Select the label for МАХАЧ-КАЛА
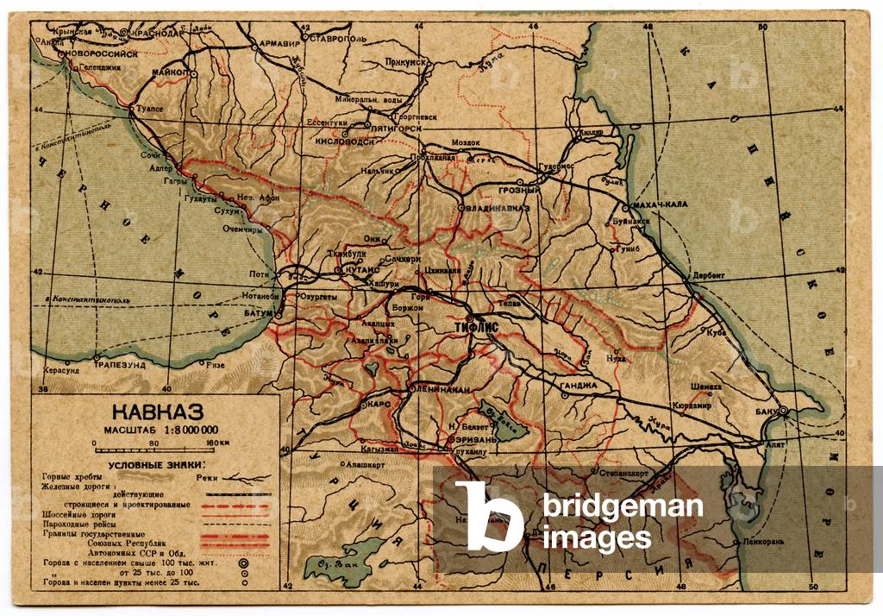tap(660, 204)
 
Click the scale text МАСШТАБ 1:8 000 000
tap(160, 430)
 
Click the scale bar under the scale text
tap(155, 450)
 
